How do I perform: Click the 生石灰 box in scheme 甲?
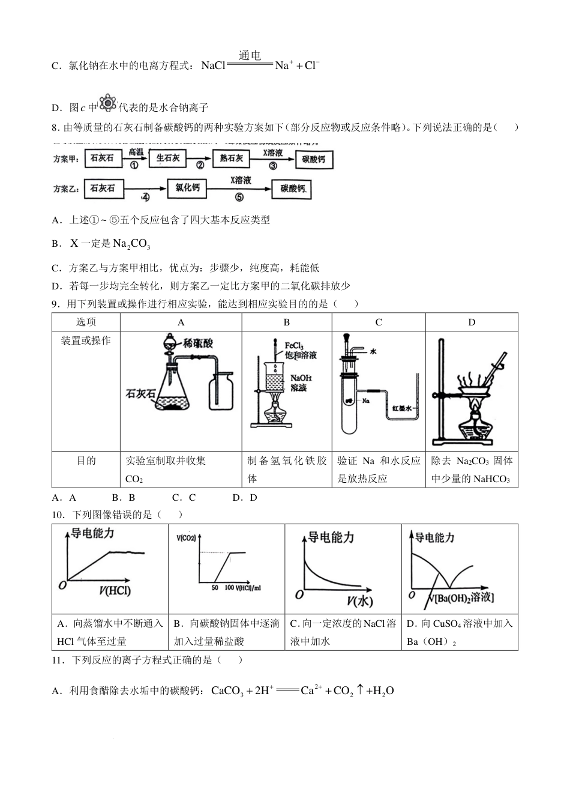coord(167,159)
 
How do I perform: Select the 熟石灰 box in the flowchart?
coord(230,159)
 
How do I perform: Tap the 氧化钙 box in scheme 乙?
coord(187,188)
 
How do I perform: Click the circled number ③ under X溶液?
coord(272,166)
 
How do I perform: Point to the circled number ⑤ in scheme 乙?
coord(239,197)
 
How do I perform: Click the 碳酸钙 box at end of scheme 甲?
coord(313,159)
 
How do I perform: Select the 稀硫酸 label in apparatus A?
coord(198,343)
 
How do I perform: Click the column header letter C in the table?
coord(378,322)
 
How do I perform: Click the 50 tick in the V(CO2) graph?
coord(215,587)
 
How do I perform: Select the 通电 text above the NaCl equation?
coord(250,56)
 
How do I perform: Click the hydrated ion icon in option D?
coord(107,103)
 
